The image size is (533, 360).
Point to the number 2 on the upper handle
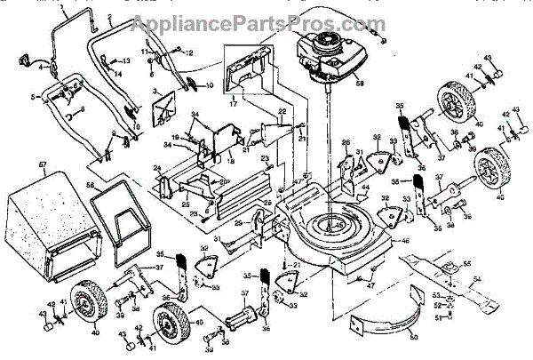[108, 17]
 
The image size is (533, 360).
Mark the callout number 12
[187, 52]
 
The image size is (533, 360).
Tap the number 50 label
[413, 338]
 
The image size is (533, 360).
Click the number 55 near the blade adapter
[466, 265]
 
